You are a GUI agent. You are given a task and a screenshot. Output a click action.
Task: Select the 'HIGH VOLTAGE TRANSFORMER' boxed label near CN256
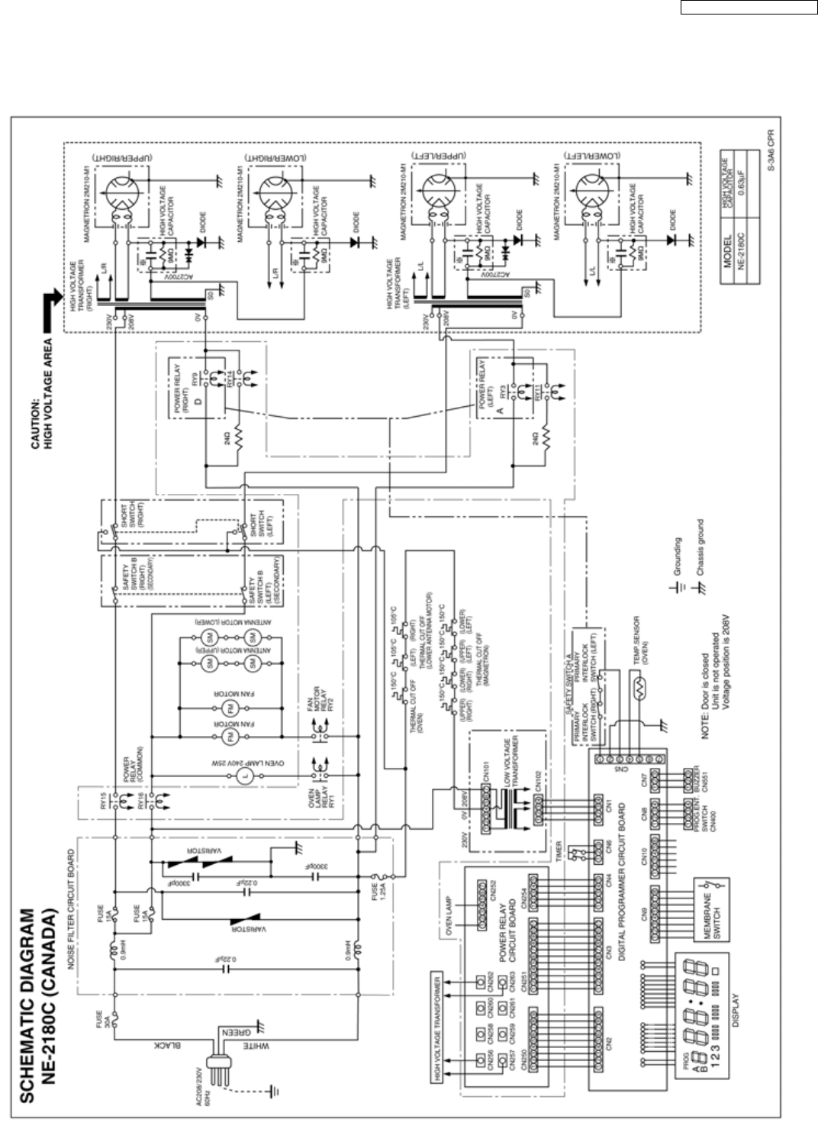pyautogui.click(x=437, y=1030)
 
